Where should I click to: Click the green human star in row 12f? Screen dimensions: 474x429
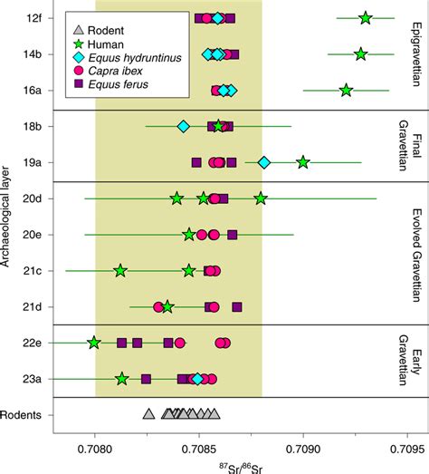(365, 17)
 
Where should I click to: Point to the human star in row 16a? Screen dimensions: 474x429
(346, 90)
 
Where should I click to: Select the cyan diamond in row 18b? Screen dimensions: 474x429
(184, 126)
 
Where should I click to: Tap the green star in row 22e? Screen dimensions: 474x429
(94, 343)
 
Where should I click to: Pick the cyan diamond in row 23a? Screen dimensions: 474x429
(197, 379)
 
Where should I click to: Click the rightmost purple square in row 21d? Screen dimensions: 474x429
(237, 306)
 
